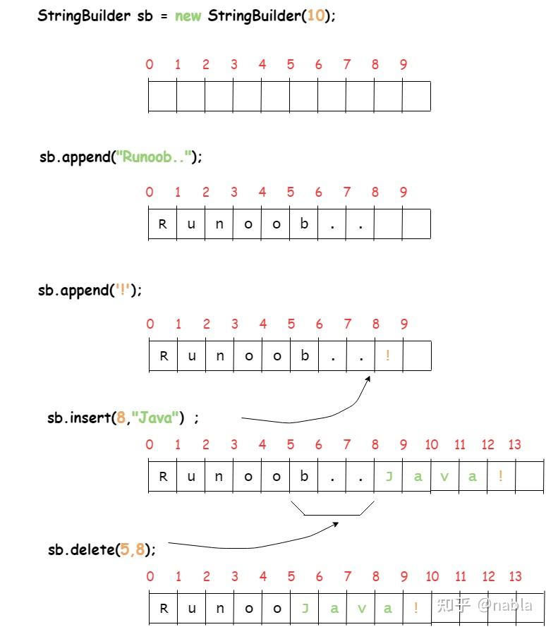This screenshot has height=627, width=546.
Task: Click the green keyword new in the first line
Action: (x=188, y=16)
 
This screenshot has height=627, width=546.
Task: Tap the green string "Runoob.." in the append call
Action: (x=157, y=157)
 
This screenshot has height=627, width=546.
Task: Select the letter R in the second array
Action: (x=163, y=224)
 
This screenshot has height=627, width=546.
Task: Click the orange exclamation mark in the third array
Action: (x=388, y=355)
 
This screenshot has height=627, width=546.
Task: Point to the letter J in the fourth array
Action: (x=389, y=476)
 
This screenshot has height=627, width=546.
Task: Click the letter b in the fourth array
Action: (x=304, y=476)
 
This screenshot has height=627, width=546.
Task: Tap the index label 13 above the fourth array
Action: (x=515, y=444)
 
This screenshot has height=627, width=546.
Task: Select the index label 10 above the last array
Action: (x=432, y=576)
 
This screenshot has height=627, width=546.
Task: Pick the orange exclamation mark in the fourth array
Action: (x=501, y=476)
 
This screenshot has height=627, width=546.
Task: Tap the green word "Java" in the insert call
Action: (x=155, y=418)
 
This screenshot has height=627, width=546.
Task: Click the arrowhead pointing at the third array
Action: (x=368, y=380)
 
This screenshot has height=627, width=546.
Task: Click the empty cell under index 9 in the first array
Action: (x=416, y=96)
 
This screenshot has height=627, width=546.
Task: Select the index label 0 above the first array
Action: (x=150, y=64)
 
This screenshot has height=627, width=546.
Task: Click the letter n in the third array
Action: (x=220, y=355)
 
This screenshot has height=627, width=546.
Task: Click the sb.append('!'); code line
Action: (x=90, y=290)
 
